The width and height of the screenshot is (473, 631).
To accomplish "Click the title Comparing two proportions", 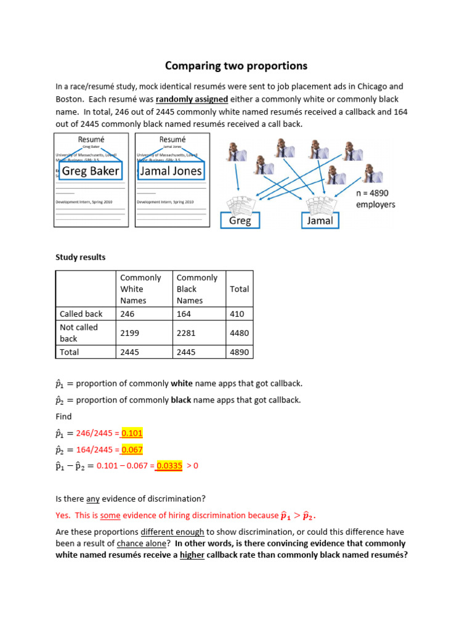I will point(236,65).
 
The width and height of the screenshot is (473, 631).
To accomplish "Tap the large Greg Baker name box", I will point(91,171).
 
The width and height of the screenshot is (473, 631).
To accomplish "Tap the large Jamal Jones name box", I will point(171,171).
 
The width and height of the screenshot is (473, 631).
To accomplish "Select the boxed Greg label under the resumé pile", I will point(240,220).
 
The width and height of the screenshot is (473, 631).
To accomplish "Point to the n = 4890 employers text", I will point(375,198).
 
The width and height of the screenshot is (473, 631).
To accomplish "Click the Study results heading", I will point(81,257).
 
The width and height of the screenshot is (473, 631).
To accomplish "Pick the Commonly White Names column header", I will point(140,289).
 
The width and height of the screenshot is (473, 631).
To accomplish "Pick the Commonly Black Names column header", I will point(197,289).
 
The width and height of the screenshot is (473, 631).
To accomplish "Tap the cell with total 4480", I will point(240,333).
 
